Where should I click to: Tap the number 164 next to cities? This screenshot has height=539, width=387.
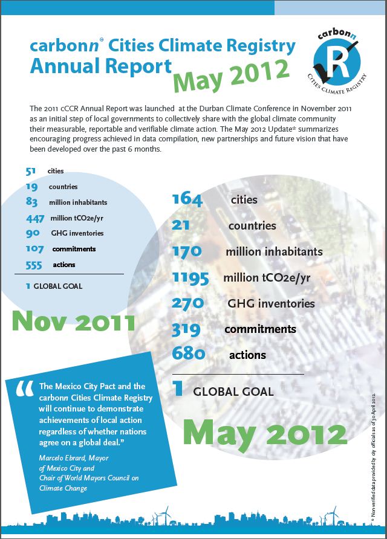pos(189,199)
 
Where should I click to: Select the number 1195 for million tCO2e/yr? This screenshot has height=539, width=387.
pos(190,277)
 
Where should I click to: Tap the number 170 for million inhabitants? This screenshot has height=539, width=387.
pos(189,251)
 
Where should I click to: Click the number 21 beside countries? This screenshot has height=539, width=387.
pos(181,225)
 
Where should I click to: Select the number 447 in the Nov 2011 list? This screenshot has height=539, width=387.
pos(36,218)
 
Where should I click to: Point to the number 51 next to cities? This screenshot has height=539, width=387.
pos(31,172)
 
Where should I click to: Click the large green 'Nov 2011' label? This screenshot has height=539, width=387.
pos(73,321)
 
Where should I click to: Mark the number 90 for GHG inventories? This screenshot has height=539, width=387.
pos(33,233)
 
